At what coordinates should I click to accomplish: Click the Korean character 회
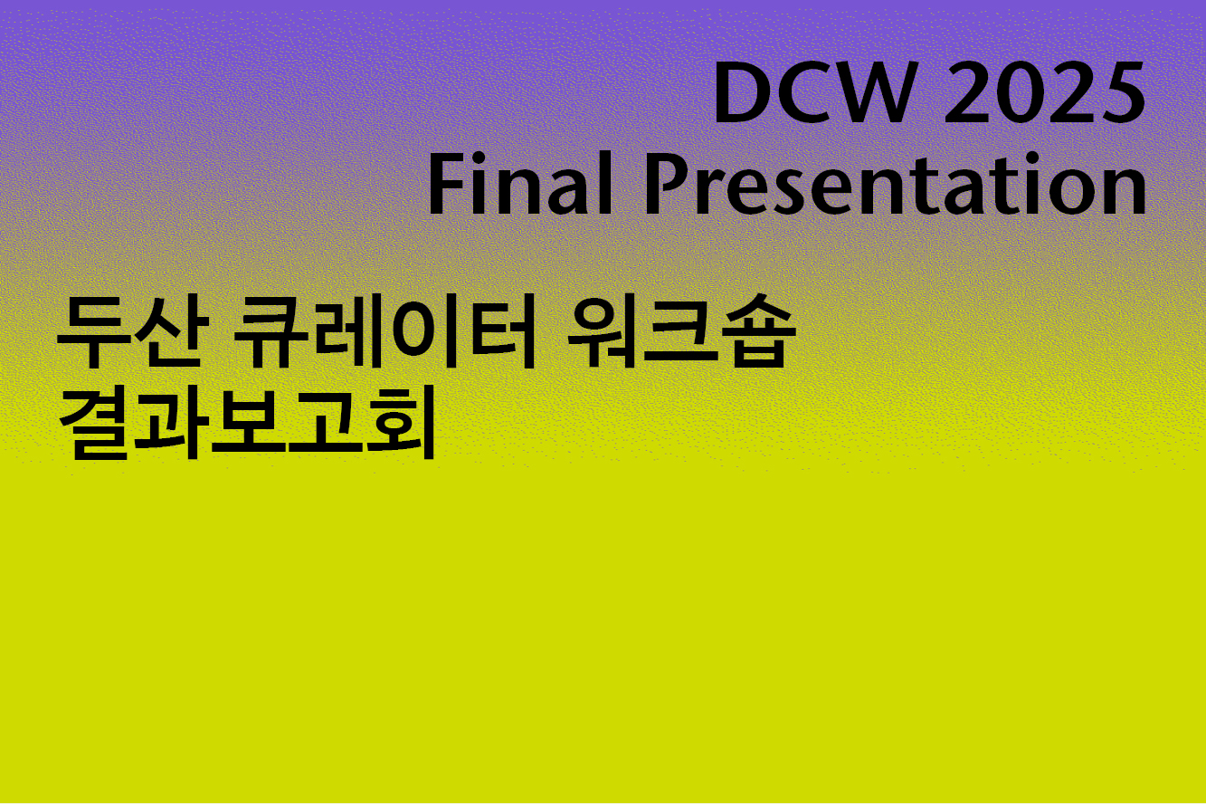(398, 425)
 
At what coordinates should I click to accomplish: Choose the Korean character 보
(245, 425)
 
